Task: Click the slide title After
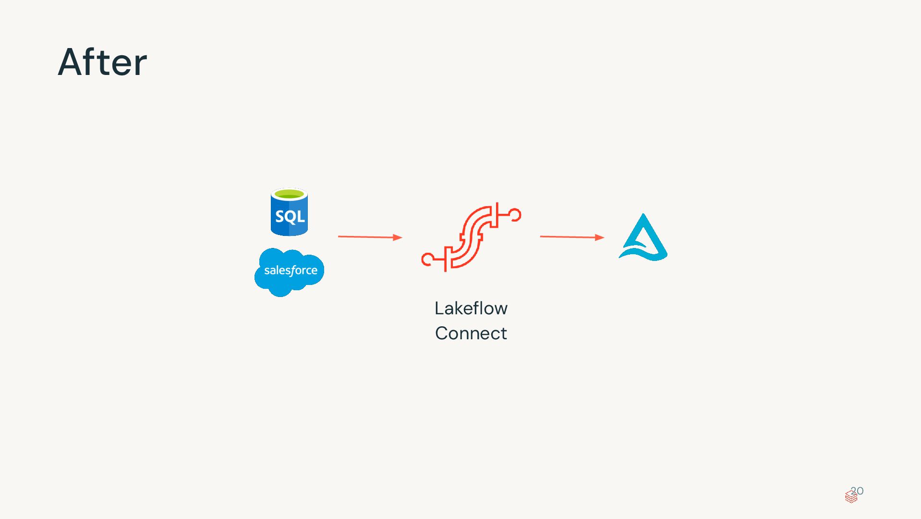tap(102, 62)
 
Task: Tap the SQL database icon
tap(289, 212)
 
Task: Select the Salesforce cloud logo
tap(289, 272)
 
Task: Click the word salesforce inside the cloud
tap(291, 271)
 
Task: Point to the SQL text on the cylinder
tap(290, 217)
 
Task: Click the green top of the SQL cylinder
tap(289, 194)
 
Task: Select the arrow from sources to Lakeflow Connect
tap(367, 237)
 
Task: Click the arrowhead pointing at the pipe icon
tap(397, 237)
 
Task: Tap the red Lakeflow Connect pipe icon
tap(471, 237)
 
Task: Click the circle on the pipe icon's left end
tap(426, 260)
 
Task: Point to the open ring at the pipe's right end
tap(516, 215)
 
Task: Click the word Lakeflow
tap(471, 309)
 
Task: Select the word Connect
tap(471, 334)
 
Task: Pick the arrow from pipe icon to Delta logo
tap(570, 237)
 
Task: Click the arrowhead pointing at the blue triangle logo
tap(599, 237)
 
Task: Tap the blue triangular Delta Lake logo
tap(643, 237)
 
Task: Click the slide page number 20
tap(858, 491)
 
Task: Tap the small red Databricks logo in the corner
tap(851, 497)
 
